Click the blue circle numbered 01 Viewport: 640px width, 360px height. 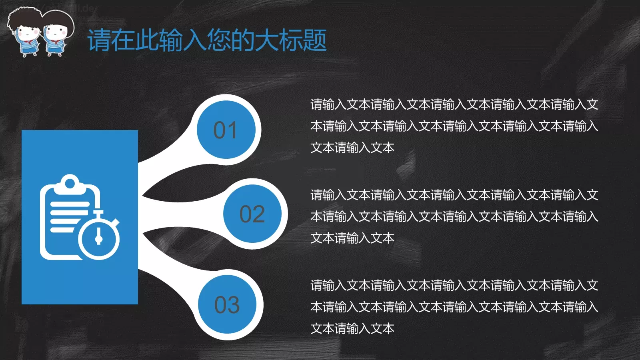coord(226,130)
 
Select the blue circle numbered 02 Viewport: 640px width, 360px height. coord(252,214)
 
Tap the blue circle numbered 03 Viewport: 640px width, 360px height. coord(227,304)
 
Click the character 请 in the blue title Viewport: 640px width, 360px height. coord(99,40)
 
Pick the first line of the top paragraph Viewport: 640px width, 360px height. coord(454,105)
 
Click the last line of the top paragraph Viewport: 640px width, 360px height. coord(352,148)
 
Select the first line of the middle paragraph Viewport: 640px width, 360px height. coord(454,195)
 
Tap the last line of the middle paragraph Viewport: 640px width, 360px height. coord(352,238)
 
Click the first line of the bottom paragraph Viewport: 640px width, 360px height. coord(454,286)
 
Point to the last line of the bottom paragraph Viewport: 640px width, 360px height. coord(352,329)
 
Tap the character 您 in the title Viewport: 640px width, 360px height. coord(219,40)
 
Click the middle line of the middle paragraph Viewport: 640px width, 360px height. coord(454,217)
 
